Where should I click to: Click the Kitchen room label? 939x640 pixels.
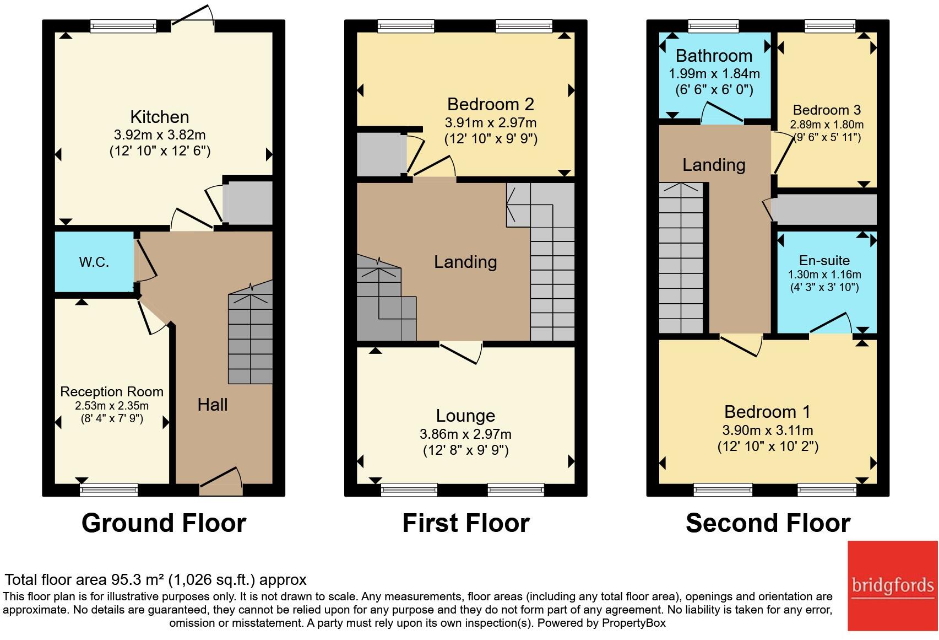160,117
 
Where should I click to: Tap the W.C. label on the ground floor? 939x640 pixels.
94,262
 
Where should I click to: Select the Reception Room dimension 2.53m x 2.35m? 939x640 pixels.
112,406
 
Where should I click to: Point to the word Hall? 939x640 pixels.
213,405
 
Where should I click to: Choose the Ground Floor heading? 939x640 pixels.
164,523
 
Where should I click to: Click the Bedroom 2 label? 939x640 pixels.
490,104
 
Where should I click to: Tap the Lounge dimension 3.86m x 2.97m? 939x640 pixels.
465,434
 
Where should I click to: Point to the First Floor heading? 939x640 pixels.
466,523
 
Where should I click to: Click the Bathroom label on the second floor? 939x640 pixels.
714,56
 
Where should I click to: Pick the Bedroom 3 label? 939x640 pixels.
827,110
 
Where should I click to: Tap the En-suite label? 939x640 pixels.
824,261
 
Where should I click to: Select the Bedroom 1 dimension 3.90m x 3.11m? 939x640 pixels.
768,431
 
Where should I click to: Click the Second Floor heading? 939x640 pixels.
768,523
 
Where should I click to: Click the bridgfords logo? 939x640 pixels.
892,585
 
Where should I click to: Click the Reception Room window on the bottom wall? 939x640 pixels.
109,489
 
